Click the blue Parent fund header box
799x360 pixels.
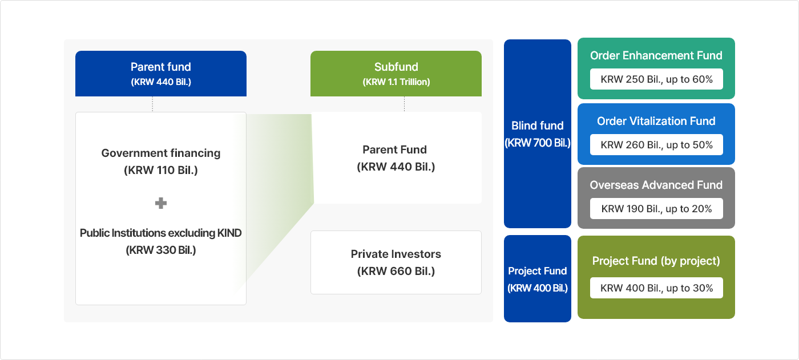(160, 73)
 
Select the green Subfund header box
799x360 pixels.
(396, 73)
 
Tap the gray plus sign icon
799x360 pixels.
(161, 203)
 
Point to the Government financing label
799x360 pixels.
(160, 153)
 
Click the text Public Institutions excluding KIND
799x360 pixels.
(160, 233)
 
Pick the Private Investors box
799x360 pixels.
(396, 262)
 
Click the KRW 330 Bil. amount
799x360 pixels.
(160, 250)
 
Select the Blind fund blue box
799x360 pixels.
(537, 134)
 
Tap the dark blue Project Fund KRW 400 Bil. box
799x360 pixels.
(537, 278)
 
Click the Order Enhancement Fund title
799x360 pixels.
(656, 55)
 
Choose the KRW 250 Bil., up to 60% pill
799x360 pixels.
(656, 79)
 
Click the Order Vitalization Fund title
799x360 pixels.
(656, 121)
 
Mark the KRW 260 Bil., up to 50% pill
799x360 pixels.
(656, 145)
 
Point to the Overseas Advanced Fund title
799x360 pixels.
(656, 185)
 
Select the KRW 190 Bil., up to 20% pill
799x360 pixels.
(656, 209)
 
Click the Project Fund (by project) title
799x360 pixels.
(656, 261)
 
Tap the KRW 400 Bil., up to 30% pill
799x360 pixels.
(656, 288)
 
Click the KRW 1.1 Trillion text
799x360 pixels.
(396, 82)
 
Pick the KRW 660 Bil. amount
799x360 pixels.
(396, 271)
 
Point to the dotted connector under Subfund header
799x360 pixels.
(404, 104)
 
